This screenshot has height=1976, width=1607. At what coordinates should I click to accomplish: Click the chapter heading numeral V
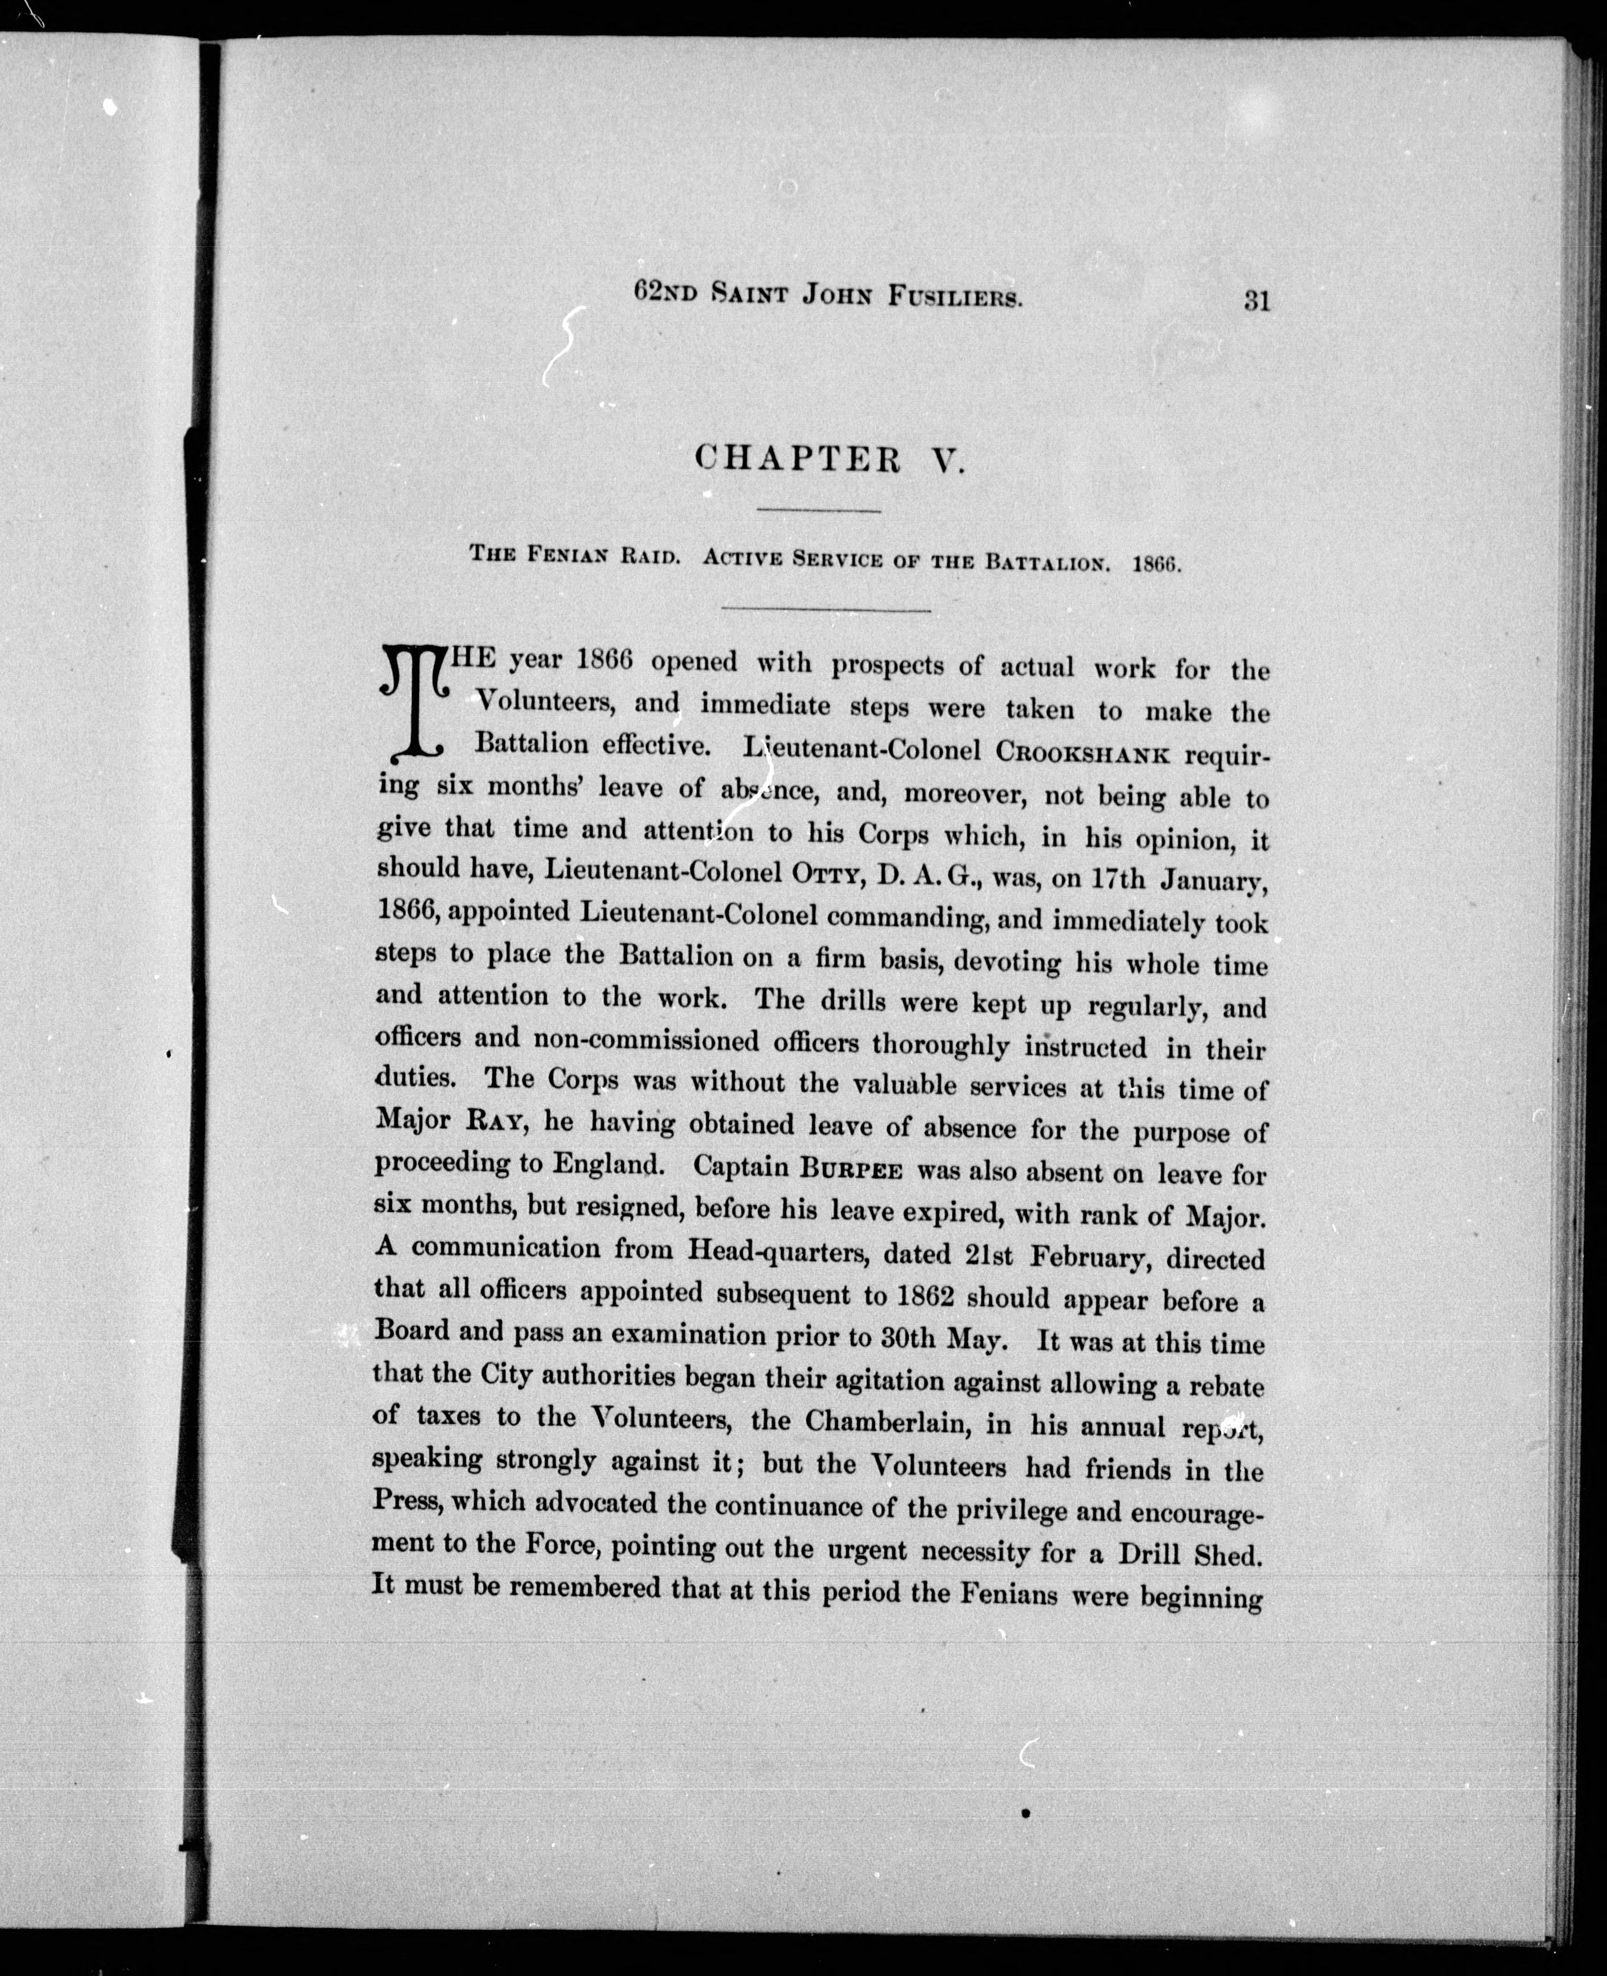948,459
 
